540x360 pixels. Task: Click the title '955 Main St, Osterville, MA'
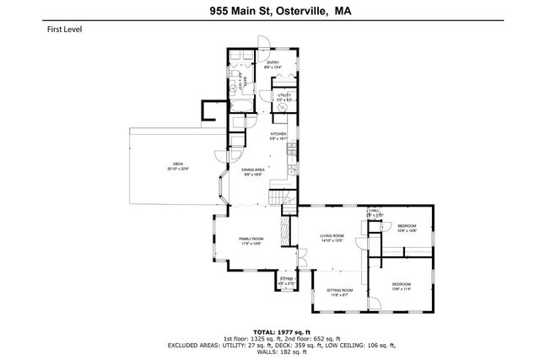(x=269, y=12)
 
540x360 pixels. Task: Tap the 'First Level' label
(x=64, y=29)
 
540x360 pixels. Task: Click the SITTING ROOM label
(x=338, y=292)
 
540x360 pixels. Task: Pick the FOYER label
(x=286, y=280)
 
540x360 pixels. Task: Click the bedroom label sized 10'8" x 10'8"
(x=407, y=227)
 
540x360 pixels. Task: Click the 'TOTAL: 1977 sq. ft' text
(x=269, y=331)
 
